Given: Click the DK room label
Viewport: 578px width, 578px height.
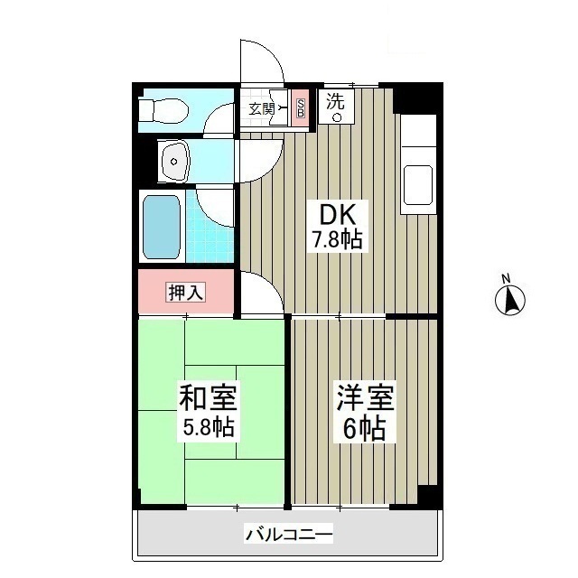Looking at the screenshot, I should (x=329, y=216).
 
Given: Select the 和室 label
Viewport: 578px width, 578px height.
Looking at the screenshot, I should (x=207, y=398).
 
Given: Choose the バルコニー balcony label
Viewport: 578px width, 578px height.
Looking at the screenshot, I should (x=289, y=536).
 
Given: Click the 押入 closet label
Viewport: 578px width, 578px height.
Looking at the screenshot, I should (x=186, y=292).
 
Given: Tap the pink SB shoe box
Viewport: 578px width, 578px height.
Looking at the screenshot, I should (x=301, y=108).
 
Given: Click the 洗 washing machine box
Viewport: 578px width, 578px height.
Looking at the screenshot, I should (x=336, y=107).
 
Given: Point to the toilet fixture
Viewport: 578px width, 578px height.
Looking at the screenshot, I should (x=163, y=110).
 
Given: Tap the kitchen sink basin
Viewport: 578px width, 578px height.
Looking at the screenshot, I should (x=419, y=185).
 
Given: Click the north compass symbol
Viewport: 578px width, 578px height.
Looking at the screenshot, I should (x=512, y=301).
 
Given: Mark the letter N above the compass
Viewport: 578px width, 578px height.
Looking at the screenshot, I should (x=507, y=278).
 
